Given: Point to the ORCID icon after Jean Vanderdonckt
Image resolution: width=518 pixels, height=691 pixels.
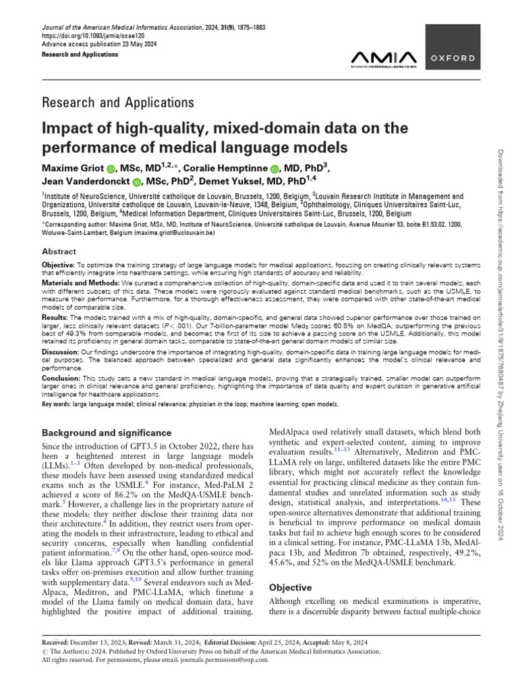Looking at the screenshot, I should pyautogui.click(x=138, y=182).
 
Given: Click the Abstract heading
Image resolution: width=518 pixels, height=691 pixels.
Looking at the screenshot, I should pyautogui.click(x=59, y=250).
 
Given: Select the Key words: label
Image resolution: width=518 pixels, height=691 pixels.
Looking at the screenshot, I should pyautogui.click(x=59, y=404).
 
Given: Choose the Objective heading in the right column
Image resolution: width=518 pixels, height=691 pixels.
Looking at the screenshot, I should pyautogui.click(x=291, y=588).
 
